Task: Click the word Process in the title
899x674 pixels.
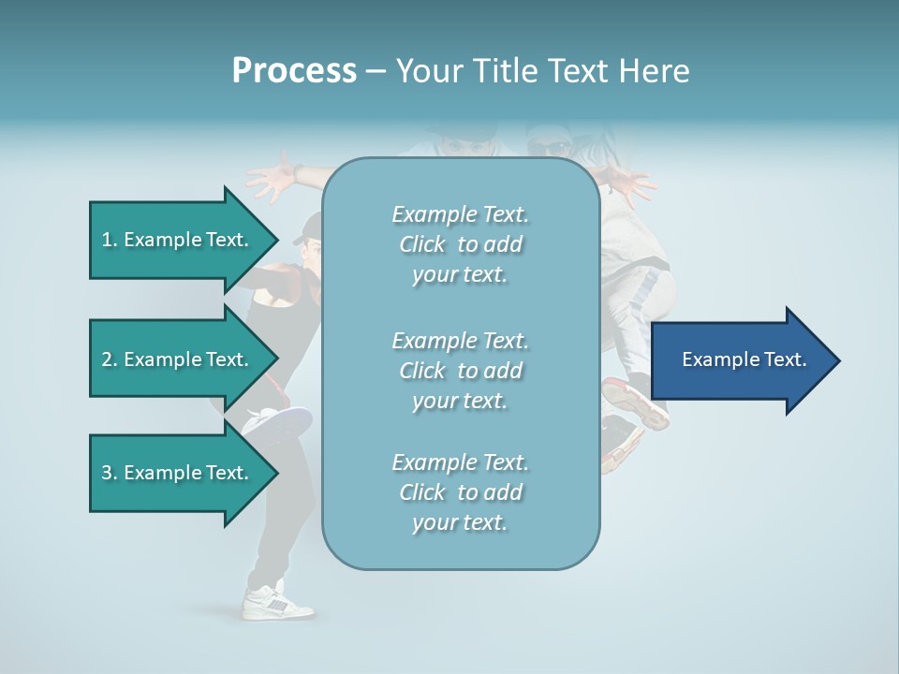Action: (294, 71)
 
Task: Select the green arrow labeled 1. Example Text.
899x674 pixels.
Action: (178, 240)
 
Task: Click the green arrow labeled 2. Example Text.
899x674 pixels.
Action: (178, 359)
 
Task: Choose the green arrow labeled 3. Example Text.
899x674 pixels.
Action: (178, 473)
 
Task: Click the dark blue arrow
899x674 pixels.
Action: (740, 360)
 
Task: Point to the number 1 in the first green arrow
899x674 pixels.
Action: (107, 240)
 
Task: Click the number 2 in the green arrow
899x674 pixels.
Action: (107, 359)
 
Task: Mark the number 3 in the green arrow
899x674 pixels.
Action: (107, 473)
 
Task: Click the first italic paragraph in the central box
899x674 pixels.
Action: (460, 244)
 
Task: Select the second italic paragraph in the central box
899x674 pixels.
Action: (460, 370)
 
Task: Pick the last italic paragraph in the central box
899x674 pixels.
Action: (460, 492)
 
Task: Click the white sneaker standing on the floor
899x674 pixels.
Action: (277, 602)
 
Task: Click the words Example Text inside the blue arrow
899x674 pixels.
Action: (744, 359)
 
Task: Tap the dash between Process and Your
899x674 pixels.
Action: (376, 72)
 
